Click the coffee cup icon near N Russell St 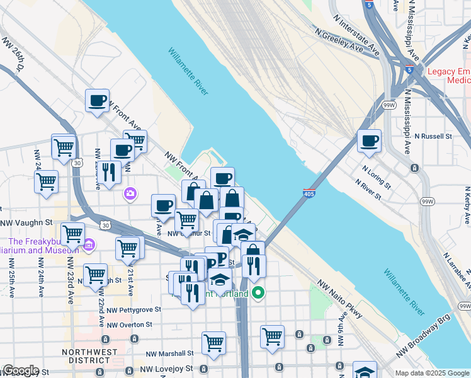click(370, 140)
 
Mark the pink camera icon click(130, 193)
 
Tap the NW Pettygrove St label click(133, 310)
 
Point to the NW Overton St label click(129, 325)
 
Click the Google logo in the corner click(20, 370)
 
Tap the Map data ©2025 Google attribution click(431, 373)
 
